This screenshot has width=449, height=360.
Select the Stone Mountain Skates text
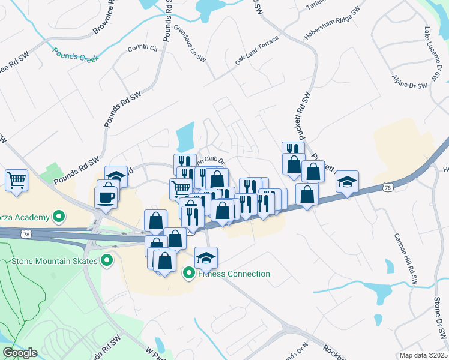pyautogui.click(x=55, y=261)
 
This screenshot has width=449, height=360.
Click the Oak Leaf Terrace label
pyautogui.click(x=257, y=51)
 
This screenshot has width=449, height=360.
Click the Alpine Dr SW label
pyautogui.click(x=409, y=82)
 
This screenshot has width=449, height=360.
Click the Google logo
pyautogui.click(x=20, y=353)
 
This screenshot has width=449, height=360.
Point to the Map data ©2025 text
pyautogui.click(x=423, y=355)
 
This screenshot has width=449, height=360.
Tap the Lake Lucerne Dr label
pyautogui.click(x=432, y=53)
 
